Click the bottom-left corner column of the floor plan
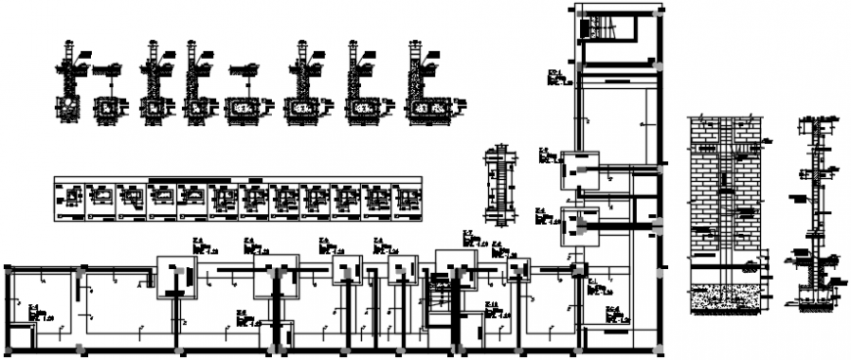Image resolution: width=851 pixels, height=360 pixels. pyautogui.click(x=9, y=349)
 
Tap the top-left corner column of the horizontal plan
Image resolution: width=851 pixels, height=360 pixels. pyautogui.click(x=9, y=266)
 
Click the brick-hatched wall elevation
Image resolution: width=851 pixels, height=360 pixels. pyautogui.click(x=726, y=186)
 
